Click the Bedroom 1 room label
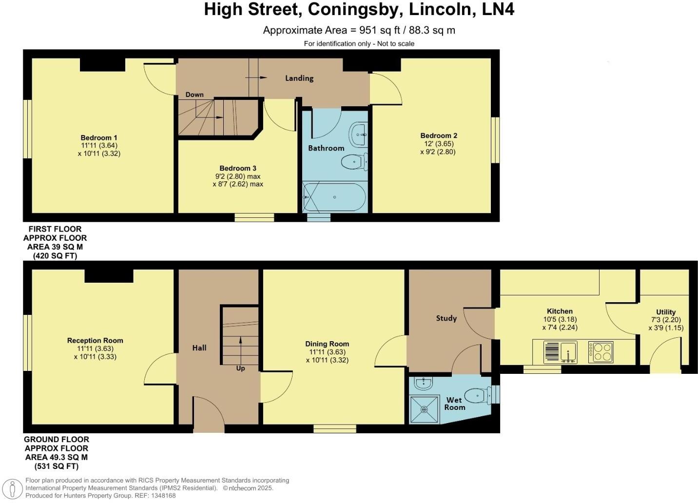point(99,138)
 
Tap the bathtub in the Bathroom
point(334,197)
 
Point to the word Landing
point(299,78)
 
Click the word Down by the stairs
point(194,95)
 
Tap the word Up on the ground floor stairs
point(240,368)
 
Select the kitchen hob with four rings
point(601,352)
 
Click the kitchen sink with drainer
point(561,352)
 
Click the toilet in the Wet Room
point(476,395)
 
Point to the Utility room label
point(666,312)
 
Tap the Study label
point(446,318)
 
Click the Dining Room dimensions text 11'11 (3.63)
point(327,352)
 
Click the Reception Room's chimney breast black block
point(109,276)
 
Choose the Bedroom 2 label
point(439,135)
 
